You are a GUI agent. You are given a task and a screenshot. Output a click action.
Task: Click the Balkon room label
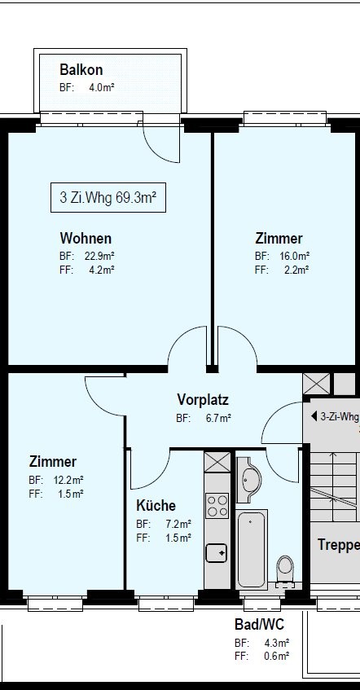pos(81,69)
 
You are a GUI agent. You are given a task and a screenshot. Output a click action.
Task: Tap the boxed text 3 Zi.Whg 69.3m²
pos(108,197)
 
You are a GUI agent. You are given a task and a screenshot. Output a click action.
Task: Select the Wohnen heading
pos(86,238)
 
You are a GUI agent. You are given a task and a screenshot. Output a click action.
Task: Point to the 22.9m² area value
pos(99,255)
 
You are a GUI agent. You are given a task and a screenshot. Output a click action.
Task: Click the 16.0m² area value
pos(294,255)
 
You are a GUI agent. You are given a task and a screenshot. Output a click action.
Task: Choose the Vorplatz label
pos(203,399)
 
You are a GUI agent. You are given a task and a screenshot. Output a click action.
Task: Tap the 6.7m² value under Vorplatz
pos(218,418)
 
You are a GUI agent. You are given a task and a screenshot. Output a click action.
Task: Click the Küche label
pos(156,505)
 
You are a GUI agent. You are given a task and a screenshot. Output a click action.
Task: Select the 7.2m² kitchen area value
pos(178,524)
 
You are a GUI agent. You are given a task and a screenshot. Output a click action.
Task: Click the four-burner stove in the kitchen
pos(217,506)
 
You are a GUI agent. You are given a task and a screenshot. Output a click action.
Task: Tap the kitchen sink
pos(217,552)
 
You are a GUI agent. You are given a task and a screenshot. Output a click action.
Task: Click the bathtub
pos(252,549)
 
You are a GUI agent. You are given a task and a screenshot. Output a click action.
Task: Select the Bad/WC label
pos(259,624)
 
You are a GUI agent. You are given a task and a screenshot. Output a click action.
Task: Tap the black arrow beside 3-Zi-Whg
pos(314,415)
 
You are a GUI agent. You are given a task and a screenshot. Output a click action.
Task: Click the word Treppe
pos(339,545)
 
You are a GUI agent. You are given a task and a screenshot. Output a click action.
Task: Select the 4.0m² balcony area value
pos(102,87)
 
